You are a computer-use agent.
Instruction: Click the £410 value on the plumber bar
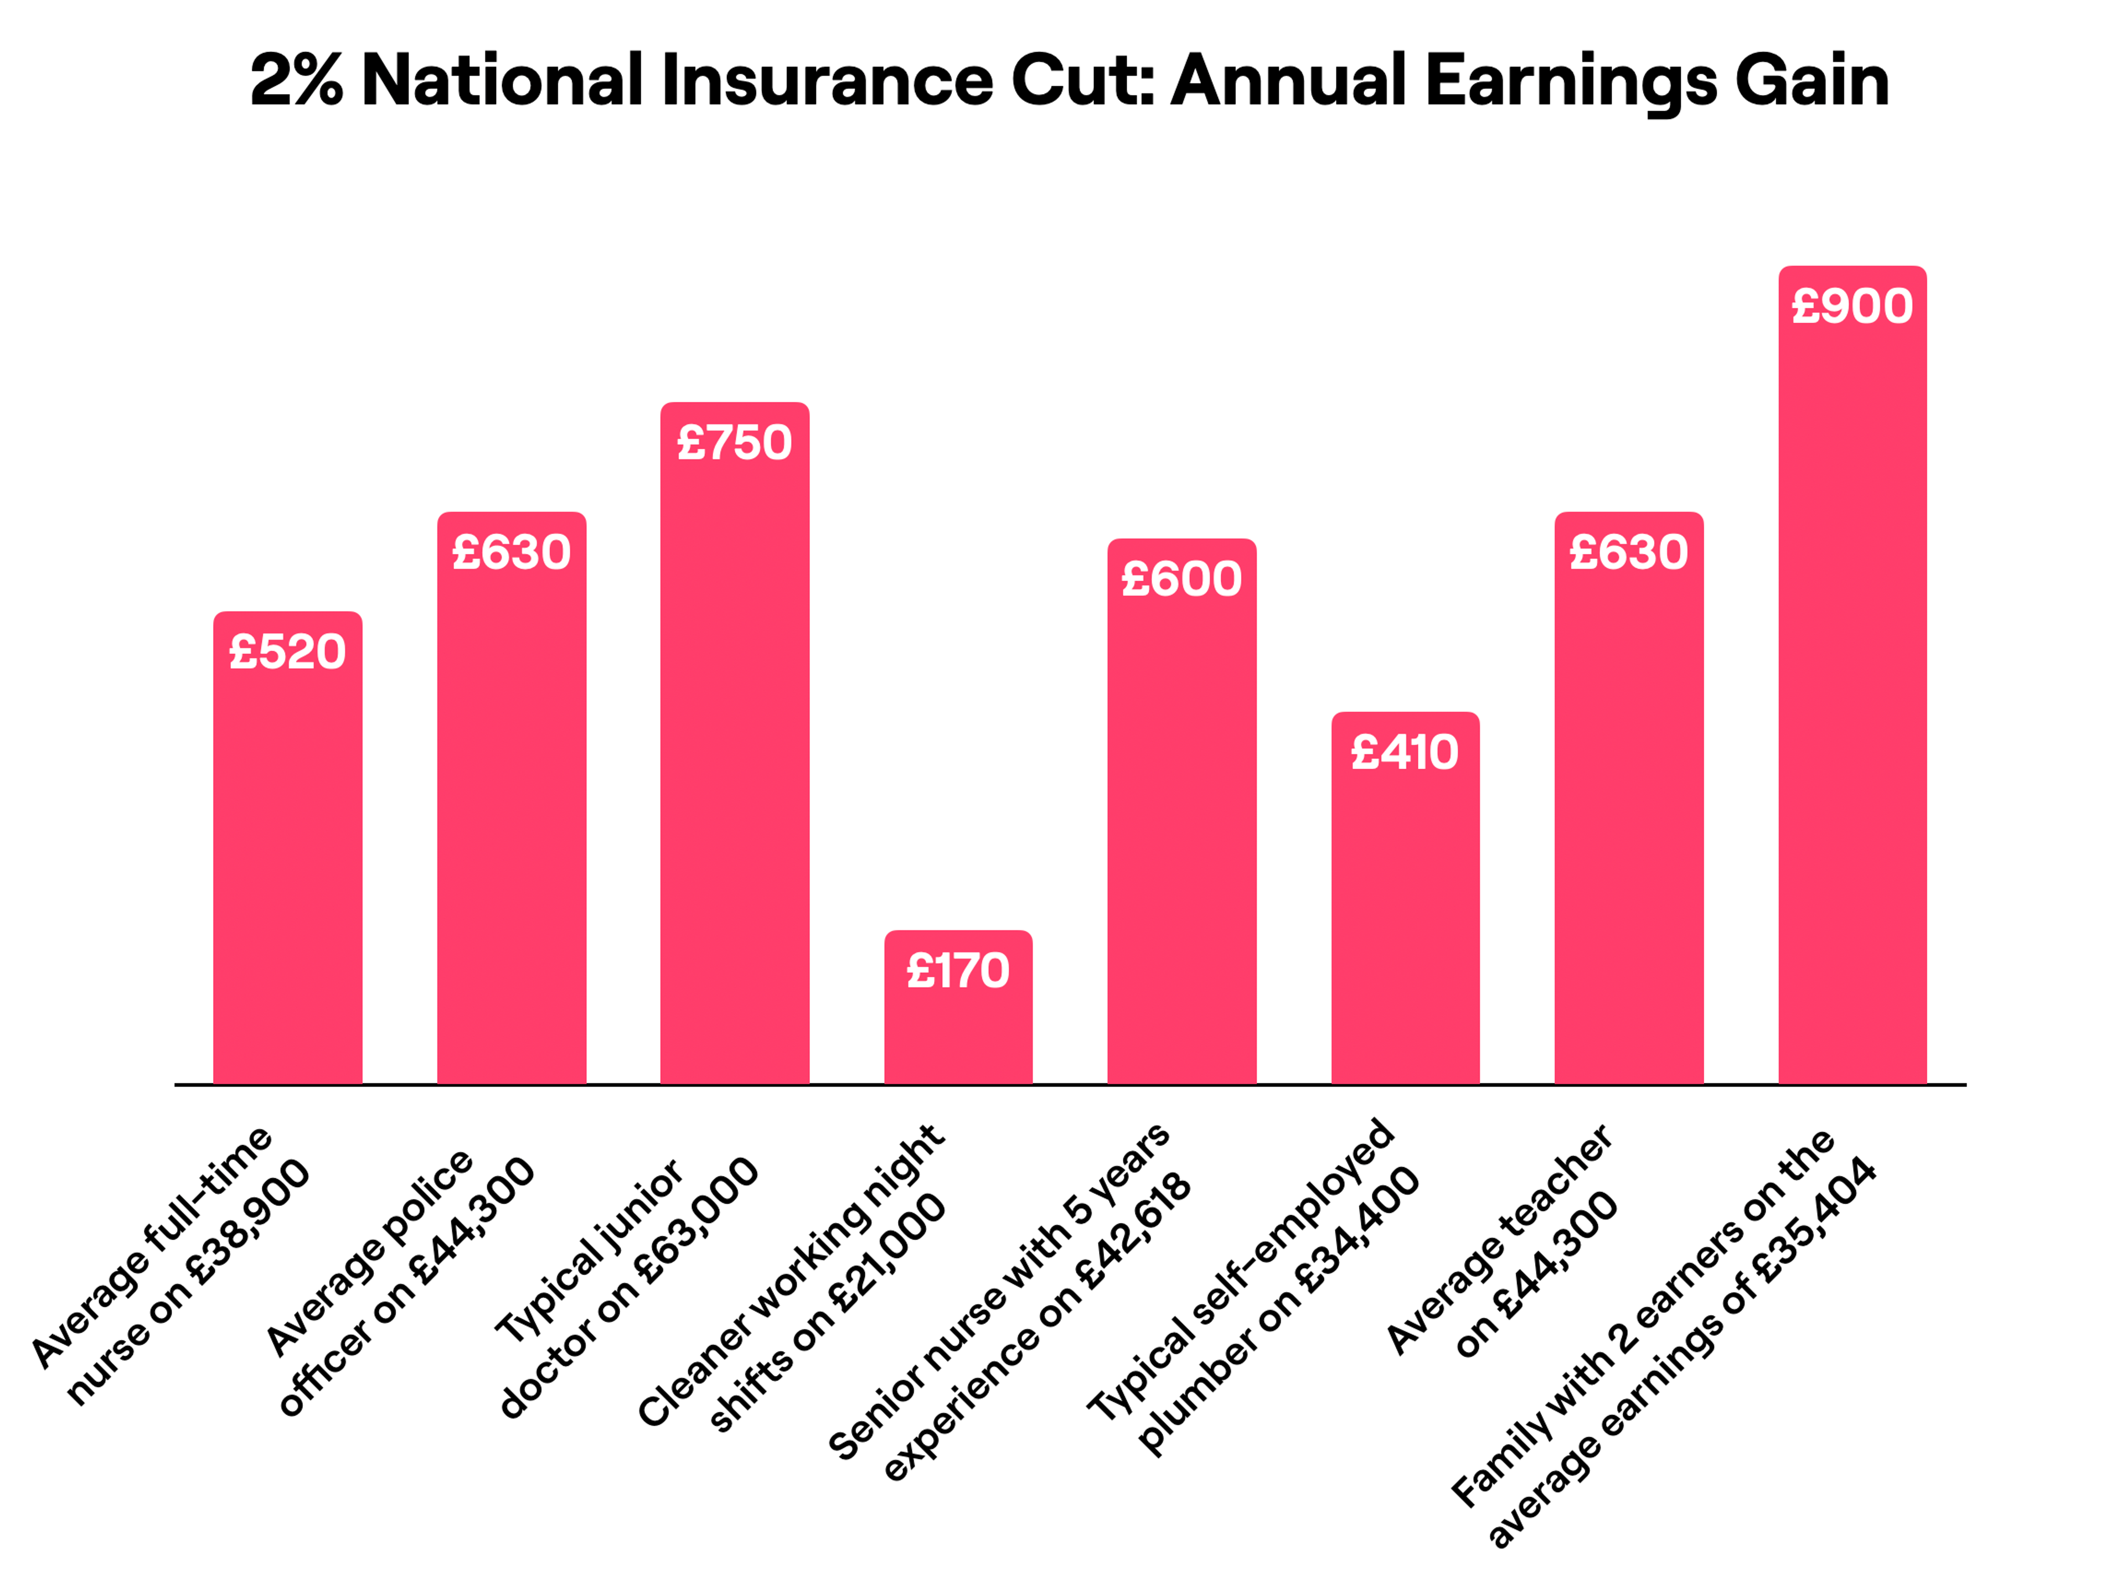coord(1404,752)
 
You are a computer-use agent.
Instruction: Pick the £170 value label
coord(958,971)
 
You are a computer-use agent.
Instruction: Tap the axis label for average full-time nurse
coord(173,1266)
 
